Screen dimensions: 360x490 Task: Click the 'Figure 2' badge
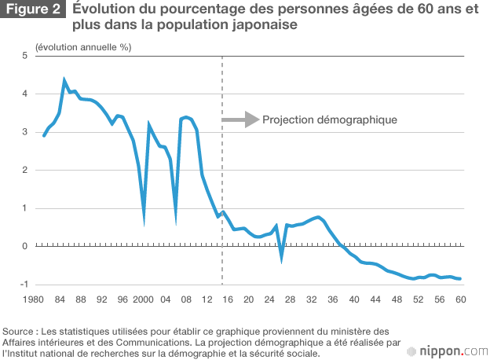coord(33,12)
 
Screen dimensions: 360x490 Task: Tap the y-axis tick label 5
coord(25,56)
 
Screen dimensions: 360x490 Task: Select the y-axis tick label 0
coord(25,247)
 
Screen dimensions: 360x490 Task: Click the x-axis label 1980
coord(33,300)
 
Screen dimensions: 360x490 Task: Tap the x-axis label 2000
coord(143,300)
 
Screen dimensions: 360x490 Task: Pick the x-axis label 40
coord(354,300)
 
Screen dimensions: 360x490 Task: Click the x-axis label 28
coord(291,300)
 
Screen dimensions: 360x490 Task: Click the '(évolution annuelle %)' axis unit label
coord(83,46)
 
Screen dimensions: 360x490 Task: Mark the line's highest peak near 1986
coord(64,80)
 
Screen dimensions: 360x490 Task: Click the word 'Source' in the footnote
coord(20,331)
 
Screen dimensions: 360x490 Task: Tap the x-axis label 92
coord(101,300)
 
